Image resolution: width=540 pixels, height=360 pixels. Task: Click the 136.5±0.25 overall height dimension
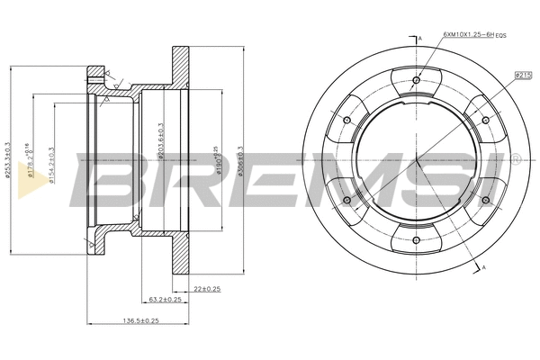tap(139, 320)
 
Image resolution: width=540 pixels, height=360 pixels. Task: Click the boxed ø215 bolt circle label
tap(522, 76)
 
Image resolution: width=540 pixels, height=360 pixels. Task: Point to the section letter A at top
tap(420, 39)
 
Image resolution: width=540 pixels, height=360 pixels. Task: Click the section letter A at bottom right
tap(484, 269)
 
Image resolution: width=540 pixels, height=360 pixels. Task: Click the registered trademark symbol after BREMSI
tap(516, 159)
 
